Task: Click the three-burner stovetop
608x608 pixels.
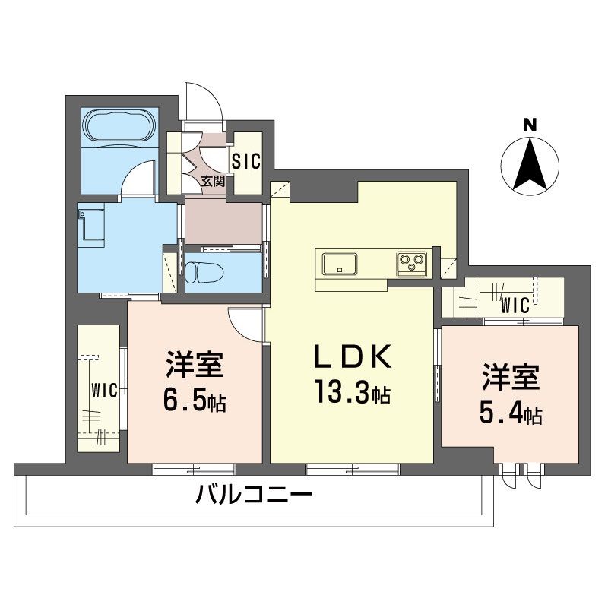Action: [411, 264]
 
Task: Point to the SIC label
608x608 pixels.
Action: [245, 161]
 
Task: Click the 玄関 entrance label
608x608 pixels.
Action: [213, 181]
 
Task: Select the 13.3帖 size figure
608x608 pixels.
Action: [353, 393]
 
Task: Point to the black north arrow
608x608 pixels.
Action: [530, 163]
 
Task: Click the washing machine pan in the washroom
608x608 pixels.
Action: [93, 224]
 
